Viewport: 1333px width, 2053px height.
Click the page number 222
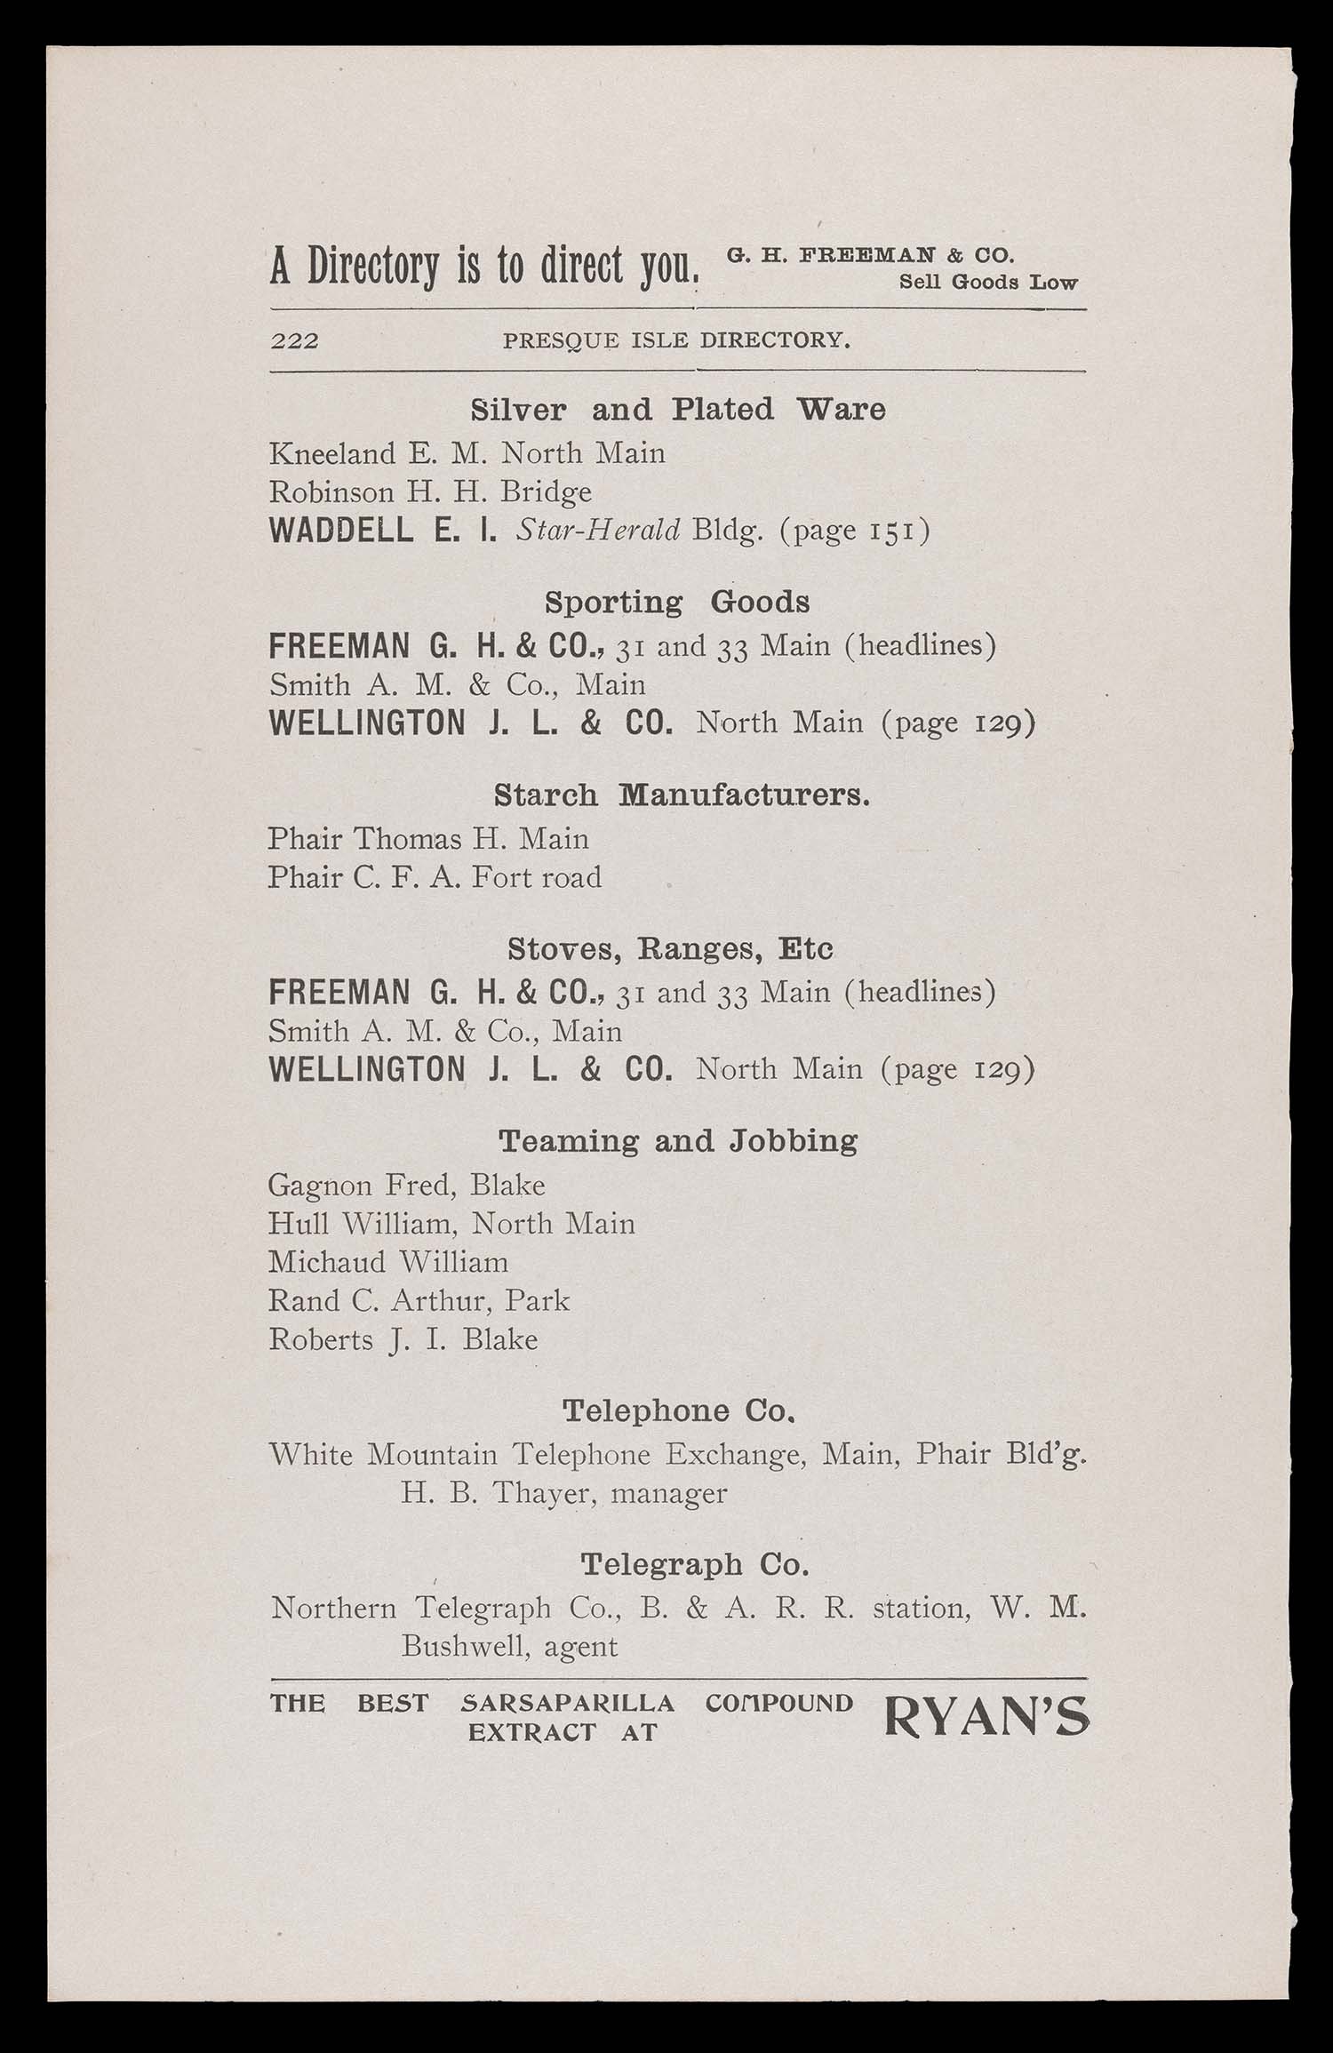click(x=294, y=340)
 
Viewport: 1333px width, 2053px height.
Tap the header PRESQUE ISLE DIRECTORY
click(x=676, y=340)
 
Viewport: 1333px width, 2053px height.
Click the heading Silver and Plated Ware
click(x=677, y=410)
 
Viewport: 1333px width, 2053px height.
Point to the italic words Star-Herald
click(x=598, y=531)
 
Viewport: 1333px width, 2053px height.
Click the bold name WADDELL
click(x=340, y=531)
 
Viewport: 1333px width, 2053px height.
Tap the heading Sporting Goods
click(x=676, y=603)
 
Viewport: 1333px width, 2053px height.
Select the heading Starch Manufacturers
click(x=681, y=795)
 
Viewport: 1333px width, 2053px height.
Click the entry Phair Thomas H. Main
click(x=428, y=839)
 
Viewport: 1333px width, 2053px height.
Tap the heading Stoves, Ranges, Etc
click(x=670, y=949)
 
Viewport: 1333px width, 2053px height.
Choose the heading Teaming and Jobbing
click(x=677, y=1141)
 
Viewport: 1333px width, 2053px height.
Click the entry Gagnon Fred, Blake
click(x=406, y=1186)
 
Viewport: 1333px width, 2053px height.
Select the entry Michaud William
click(x=388, y=1263)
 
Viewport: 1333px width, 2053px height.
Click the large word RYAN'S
click(x=986, y=1718)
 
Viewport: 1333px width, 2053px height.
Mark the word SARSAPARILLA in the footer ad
click(x=568, y=1704)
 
